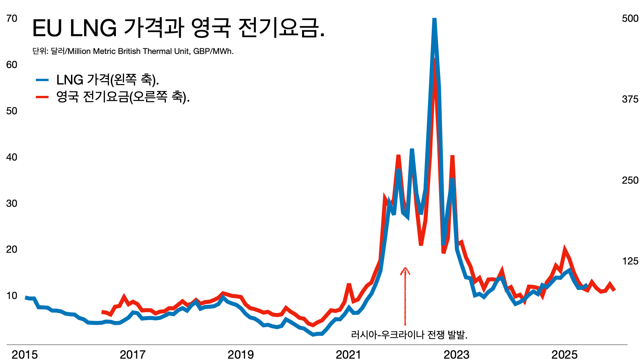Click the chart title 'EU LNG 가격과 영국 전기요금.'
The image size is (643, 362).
click(178, 28)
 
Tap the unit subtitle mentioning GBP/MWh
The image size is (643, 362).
click(133, 51)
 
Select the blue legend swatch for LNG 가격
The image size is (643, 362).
click(43, 80)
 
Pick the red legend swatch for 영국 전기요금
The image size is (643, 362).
click(43, 97)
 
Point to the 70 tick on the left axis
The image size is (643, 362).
click(12, 18)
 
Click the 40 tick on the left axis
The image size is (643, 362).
click(12, 157)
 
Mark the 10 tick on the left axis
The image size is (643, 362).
click(12, 296)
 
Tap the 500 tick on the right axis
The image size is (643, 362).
click(630, 18)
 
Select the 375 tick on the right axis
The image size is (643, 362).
click(630, 99)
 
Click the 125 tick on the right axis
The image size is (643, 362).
click(630, 261)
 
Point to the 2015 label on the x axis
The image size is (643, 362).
click(25, 355)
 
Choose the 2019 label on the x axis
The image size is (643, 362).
click(240, 355)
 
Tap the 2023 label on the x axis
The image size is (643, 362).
click(456, 355)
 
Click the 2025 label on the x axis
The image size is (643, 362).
click(564, 355)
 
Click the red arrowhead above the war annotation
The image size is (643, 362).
click(405, 269)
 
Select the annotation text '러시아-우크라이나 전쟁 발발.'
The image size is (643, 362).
click(409, 334)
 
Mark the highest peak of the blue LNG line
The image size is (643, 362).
click(434, 19)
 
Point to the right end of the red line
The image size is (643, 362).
click(615, 290)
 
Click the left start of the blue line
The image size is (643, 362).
click(26, 297)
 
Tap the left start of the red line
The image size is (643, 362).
click(102, 312)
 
